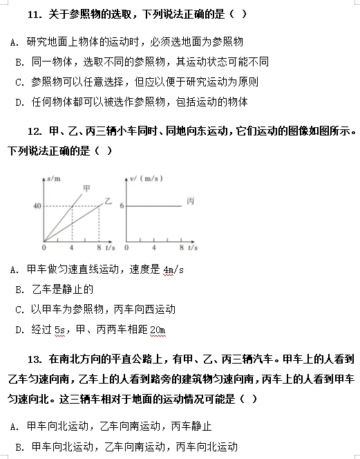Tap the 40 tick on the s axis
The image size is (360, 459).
click(35, 206)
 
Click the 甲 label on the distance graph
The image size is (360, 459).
click(86, 187)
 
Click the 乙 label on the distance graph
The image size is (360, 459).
click(108, 200)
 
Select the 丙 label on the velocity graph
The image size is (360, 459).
click(191, 201)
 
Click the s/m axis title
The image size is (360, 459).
click(52, 180)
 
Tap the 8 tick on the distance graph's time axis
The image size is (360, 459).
click(99, 247)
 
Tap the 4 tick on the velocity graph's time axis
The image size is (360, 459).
click(154, 247)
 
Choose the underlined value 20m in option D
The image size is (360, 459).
click(158, 330)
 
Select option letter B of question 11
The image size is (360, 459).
click(19, 62)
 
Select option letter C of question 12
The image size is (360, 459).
click(19, 310)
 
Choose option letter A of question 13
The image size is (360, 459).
click(14, 427)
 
